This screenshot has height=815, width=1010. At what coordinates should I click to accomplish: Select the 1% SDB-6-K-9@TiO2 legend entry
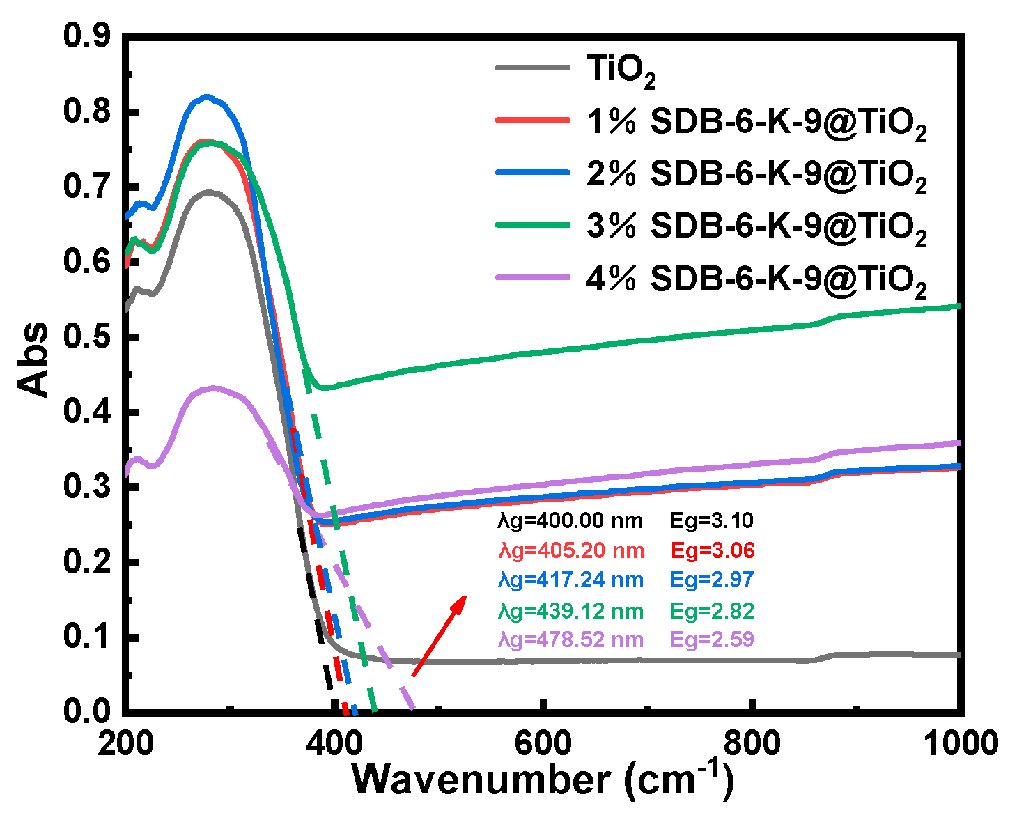point(756,123)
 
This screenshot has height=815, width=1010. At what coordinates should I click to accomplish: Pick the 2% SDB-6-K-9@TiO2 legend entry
point(756,174)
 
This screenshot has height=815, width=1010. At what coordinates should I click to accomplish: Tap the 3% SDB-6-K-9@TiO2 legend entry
point(756,226)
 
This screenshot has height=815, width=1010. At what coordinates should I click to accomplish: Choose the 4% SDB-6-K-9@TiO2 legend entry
point(756,279)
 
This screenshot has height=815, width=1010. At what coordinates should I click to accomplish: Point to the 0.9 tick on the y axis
point(87,36)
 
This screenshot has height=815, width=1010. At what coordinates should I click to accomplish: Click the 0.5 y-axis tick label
point(87,337)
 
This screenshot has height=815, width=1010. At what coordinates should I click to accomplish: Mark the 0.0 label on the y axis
point(87,711)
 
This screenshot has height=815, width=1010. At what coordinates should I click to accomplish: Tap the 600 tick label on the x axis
point(542,744)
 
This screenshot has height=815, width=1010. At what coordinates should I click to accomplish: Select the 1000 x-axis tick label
point(964,744)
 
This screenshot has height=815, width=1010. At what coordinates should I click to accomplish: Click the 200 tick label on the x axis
point(125,744)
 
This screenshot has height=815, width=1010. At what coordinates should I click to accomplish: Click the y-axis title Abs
point(33,360)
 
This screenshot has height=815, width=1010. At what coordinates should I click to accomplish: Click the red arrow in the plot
point(439,635)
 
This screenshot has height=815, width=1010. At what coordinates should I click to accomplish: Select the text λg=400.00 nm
point(570,520)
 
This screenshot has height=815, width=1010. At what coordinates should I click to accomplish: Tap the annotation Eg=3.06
point(713,550)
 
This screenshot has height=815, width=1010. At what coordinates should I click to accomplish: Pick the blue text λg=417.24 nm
point(570,580)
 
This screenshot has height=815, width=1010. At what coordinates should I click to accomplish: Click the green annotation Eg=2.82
point(713,611)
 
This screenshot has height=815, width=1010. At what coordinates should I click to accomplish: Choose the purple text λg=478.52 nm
point(570,640)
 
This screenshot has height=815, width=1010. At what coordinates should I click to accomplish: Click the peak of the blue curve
point(206,98)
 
